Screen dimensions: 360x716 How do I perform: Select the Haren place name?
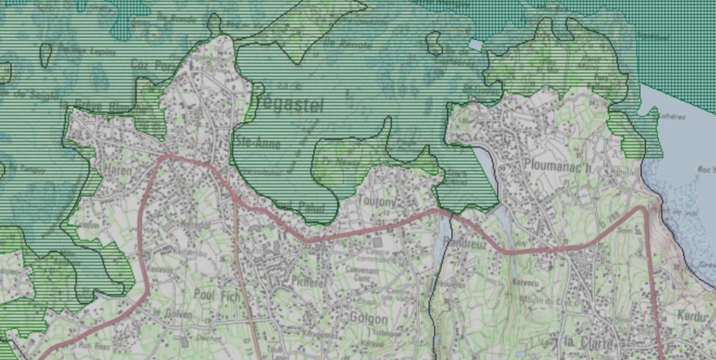coord(117,170)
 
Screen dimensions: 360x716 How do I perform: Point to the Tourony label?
coord(376,202)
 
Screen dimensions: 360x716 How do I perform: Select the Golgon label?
coord(369,319)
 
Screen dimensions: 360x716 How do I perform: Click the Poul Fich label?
coord(217,295)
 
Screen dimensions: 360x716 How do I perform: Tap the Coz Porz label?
coord(149,64)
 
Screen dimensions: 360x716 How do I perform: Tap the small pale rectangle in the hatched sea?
coord(475,44)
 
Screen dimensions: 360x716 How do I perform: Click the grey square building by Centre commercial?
coord(376,243)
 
